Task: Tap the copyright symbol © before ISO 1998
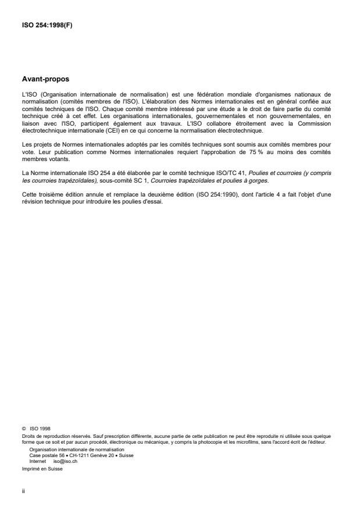click(x=23, y=427)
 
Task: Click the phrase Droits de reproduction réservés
click(x=47, y=434)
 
